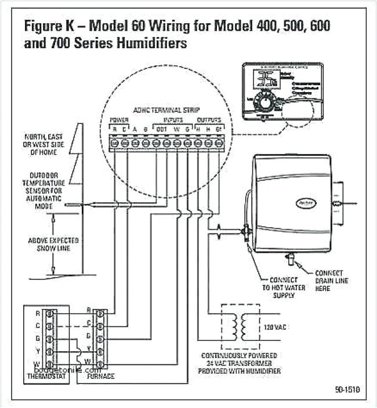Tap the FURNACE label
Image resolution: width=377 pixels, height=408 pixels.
pyautogui.click(x=100, y=376)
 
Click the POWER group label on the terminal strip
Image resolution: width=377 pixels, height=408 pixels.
pyautogui.click(x=119, y=120)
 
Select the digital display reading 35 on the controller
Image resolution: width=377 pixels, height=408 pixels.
pyautogui.click(x=267, y=80)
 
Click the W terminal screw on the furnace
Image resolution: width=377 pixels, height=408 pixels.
pyautogui.click(x=101, y=363)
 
